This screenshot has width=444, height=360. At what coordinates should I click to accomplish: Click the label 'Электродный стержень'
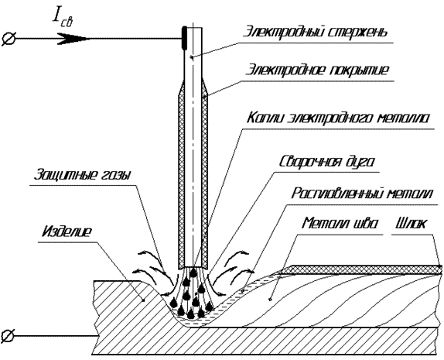tap(315, 32)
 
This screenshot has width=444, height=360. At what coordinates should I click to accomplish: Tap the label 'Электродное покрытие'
tap(317, 70)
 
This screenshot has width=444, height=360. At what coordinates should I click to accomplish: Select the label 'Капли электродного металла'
tap(338, 118)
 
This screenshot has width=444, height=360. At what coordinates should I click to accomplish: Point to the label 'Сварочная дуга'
tap(327, 161)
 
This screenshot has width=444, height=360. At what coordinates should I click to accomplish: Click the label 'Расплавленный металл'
tap(362, 194)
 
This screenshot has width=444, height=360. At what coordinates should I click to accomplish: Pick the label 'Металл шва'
tap(340, 223)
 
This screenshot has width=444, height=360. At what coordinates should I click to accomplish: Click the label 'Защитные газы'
tap(82, 175)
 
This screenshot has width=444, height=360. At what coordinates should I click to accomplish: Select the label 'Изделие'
tap(67, 231)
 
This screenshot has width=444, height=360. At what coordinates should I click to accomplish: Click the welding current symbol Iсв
tap(63, 19)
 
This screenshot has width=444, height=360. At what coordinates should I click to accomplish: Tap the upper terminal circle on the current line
tap(9, 39)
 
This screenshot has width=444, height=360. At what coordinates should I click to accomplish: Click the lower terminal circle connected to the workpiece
tap(8, 336)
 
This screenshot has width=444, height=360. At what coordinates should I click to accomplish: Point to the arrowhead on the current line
tap(74, 39)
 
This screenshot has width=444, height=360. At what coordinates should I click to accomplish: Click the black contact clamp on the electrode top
tap(184, 37)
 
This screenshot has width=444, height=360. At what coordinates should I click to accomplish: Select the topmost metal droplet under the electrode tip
tap(193, 273)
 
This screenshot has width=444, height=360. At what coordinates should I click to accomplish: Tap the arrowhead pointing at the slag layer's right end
tap(439, 266)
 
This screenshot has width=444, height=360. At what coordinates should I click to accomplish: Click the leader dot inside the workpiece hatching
tap(143, 300)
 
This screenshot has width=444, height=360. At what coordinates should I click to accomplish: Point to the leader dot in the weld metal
tap(271, 299)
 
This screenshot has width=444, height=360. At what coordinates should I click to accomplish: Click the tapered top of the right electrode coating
tap(205, 88)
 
